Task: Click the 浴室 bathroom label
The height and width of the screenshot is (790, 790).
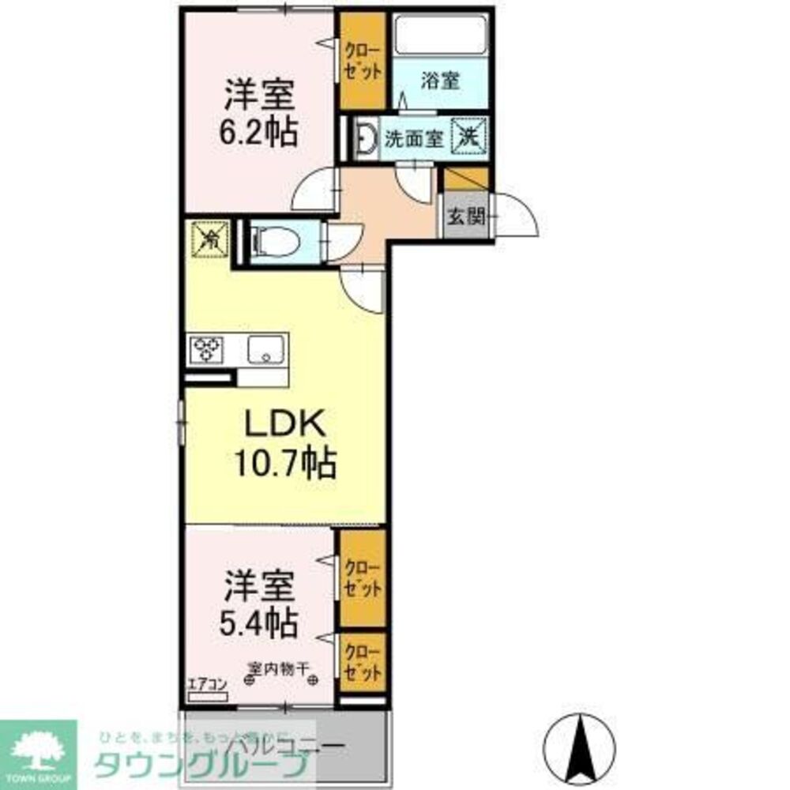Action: pyautogui.click(x=440, y=81)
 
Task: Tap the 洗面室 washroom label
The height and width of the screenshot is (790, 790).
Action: pyautogui.click(x=412, y=138)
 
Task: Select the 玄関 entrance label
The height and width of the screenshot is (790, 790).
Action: pyautogui.click(x=465, y=216)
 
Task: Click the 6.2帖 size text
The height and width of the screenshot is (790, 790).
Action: pyautogui.click(x=259, y=132)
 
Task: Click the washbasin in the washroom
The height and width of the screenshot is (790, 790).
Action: pyautogui.click(x=365, y=138)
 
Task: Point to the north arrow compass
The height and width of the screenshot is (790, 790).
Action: pyautogui.click(x=583, y=750)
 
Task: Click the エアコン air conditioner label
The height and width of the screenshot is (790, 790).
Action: pyautogui.click(x=207, y=685)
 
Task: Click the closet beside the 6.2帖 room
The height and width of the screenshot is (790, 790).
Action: pyautogui.click(x=362, y=62)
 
